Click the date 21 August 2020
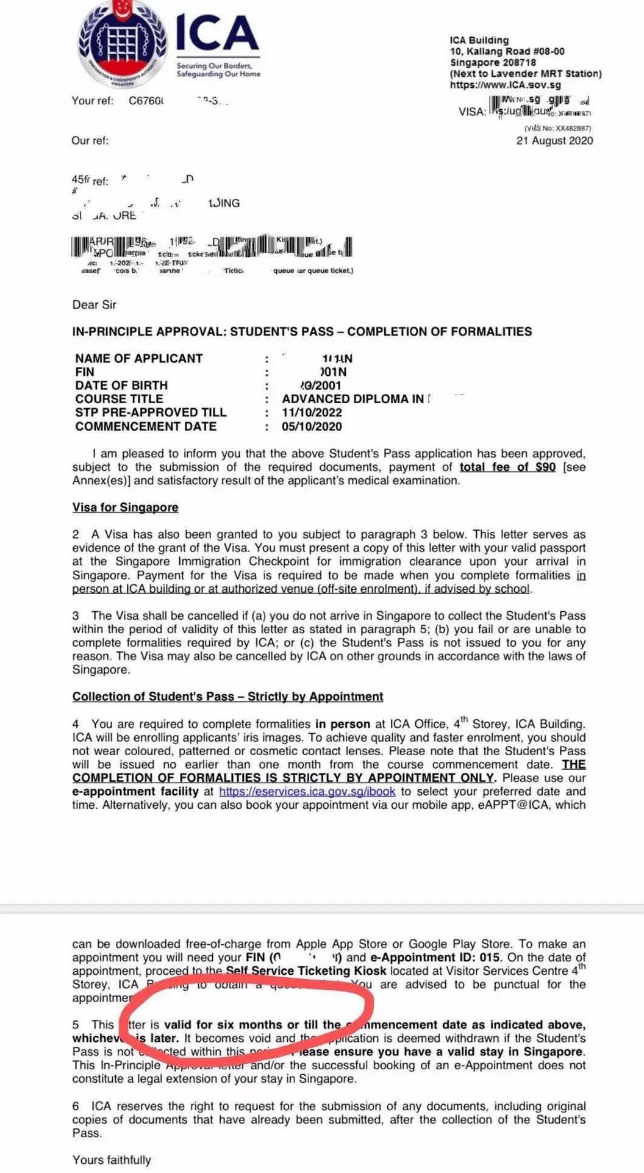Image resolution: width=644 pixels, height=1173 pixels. coord(554,140)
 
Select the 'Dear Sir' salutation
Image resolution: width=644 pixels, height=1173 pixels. coord(94,304)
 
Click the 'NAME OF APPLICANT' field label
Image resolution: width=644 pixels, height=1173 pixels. coord(138,358)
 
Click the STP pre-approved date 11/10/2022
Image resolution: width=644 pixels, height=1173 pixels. coord(312,412)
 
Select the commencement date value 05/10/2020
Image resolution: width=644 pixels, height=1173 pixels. coord(312,426)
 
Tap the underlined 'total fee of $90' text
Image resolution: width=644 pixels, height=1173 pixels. coord(507,467)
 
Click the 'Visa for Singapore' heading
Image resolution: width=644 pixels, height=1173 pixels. coord(125,507)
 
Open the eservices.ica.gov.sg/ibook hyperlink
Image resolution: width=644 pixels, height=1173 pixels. coord(307,791)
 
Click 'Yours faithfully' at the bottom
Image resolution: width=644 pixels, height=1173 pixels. coord(112,1160)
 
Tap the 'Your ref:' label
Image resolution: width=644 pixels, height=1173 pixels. coord(92,101)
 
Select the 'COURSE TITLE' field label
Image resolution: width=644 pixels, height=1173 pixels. coord(119,399)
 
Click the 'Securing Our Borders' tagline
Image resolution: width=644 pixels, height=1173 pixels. coord(214,65)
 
